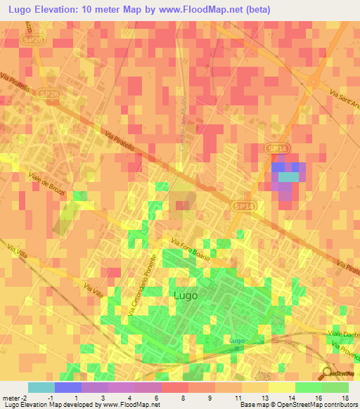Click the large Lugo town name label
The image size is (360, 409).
coord(185,296)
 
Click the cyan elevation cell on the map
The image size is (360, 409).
coord(288,178)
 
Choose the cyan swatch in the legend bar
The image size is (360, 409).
coord(41,387)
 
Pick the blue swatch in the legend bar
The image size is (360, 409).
coord(68,387)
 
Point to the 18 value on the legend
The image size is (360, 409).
coord(345,398)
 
